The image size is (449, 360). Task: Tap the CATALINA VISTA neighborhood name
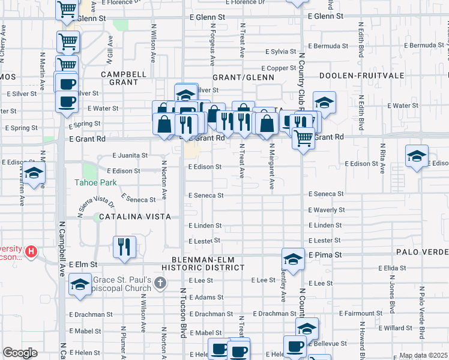[x=135, y=216]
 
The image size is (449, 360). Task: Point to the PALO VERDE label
[x=421, y=253]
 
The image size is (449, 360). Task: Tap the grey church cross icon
[x=159, y=282]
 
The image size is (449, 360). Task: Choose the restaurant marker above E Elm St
[x=124, y=247]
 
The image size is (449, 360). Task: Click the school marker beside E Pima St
[x=293, y=259]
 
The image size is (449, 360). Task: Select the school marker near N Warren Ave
[x=35, y=173]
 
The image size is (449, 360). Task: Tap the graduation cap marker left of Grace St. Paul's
[x=79, y=286]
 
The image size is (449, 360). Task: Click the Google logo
[x=20, y=353]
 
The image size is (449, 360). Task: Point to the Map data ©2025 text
[x=423, y=355]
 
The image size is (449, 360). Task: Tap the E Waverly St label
[x=326, y=210]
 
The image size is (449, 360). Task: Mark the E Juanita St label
[x=130, y=155]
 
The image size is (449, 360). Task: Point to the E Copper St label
[x=277, y=68]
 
